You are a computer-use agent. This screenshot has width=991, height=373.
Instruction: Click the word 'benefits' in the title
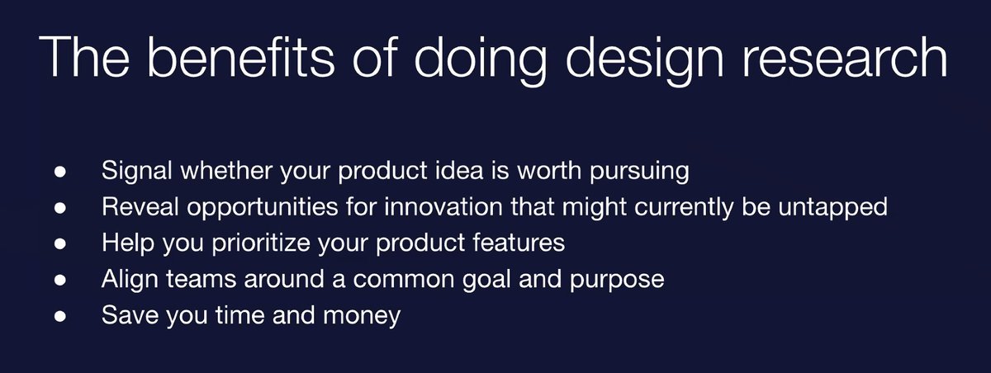click(x=240, y=57)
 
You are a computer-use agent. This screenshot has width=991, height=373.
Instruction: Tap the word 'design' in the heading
click(x=645, y=61)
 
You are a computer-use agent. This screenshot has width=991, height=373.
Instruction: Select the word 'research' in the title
click(x=844, y=57)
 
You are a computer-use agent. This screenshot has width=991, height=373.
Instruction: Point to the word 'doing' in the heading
click(x=480, y=61)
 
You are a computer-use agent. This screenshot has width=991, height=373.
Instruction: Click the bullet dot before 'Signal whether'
click(x=60, y=172)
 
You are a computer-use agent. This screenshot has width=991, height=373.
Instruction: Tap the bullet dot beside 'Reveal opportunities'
click(x=60, y=208)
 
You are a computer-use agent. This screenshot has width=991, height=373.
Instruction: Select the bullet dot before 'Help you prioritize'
click(x=60, y=244)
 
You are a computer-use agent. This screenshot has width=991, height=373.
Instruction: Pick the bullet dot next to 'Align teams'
click(x=60, y=281)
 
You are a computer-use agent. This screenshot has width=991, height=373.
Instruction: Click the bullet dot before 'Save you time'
click(x=60, y=316)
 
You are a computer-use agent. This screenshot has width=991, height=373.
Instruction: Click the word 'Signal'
click(x=137, y=171)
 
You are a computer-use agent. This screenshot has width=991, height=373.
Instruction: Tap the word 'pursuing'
click(x=639, y=172)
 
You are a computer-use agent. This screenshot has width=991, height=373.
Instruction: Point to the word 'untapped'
click(x=832, y=208)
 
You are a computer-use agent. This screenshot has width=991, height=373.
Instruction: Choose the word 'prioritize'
click(x=261, y=243)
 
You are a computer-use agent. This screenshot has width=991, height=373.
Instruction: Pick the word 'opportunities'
click(x=263, y=208)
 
